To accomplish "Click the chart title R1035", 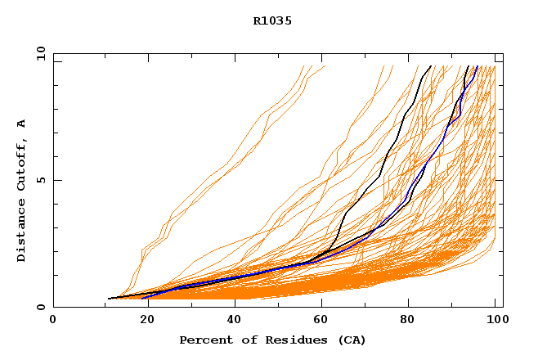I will click(272, 21).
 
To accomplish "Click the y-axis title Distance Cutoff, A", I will click(21, 190).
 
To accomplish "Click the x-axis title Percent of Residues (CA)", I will click(272, 340).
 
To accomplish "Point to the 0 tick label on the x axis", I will click(53, 320).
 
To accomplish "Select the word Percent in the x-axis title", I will click(203, 340).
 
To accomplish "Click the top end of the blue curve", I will click(477, 67).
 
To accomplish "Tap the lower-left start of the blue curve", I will click(142, 298).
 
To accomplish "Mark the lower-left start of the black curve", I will click(109, 299).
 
